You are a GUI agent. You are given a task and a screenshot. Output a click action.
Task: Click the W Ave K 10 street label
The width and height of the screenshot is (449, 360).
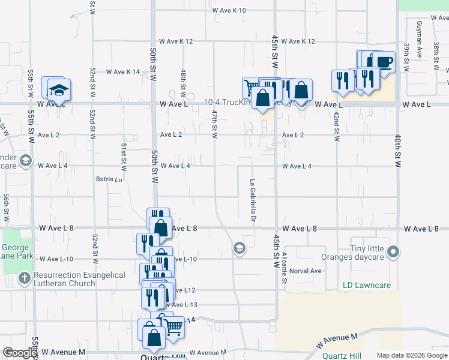(229, 10)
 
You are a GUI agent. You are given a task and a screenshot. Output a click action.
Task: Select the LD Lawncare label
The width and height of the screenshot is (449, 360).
(366, 285)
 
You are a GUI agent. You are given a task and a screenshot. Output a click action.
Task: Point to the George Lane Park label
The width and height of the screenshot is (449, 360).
(16, 252)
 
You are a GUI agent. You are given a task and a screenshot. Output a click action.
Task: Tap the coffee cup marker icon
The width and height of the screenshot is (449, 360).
(385, 61)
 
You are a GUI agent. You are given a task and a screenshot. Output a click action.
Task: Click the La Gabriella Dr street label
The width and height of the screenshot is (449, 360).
(253, 202)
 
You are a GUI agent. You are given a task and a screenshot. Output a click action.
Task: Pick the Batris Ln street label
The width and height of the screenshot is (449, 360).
(109, 179)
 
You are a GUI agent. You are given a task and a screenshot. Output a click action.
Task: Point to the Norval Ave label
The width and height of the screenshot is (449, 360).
(306, 271)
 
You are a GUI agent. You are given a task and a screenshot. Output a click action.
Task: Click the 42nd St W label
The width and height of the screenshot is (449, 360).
(337, 127)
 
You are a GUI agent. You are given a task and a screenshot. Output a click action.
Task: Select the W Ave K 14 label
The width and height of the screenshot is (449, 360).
(123, 72)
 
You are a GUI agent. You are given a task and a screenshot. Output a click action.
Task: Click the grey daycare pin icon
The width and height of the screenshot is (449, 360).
(393, 251)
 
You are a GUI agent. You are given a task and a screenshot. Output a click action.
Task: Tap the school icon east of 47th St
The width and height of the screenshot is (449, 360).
(240, 248)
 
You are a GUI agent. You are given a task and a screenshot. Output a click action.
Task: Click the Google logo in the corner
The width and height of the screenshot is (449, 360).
(19, 353)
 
